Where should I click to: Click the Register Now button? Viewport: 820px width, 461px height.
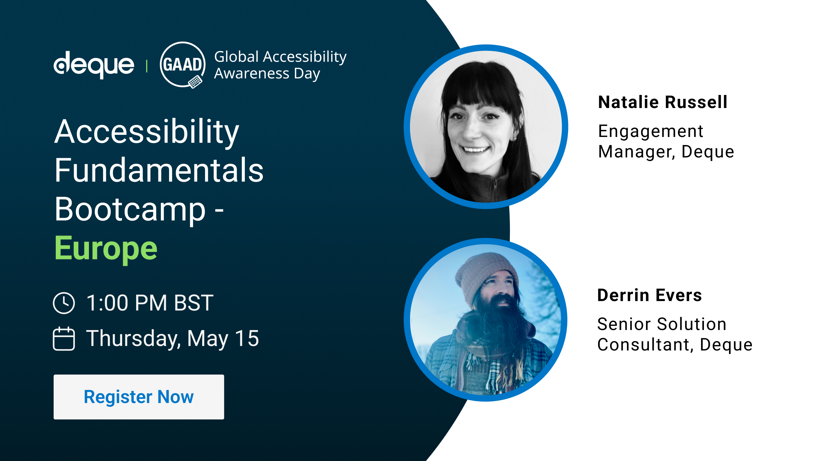[139, 397]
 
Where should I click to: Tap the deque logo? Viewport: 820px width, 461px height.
[94, 65]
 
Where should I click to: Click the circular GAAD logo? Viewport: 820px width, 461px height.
[182, 65]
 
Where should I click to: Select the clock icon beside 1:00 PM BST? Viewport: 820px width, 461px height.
[64, 303]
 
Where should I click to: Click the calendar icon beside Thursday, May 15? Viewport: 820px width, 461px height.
[64, 339]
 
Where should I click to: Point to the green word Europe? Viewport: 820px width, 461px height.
[106, 249]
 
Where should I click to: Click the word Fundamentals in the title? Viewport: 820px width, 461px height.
[159, 170]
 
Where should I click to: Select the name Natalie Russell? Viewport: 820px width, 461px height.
[663, 102]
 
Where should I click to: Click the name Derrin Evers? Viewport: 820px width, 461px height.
[650, 295]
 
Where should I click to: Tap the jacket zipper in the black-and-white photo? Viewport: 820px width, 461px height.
[495, 187]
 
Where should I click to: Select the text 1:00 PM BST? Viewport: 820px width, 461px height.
[150, 303]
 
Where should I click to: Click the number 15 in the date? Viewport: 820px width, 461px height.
[247, 339]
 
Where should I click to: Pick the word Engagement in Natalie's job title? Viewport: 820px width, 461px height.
[651, 131]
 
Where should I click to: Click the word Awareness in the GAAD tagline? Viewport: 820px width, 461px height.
[252, 73]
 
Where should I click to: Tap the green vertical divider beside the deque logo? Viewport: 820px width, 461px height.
[147, 66]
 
